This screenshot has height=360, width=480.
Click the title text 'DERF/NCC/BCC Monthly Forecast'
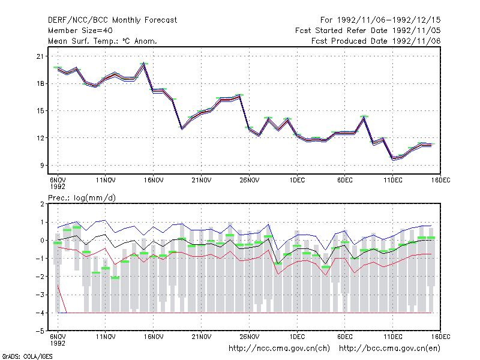pyautogui.click(x=112, y=20)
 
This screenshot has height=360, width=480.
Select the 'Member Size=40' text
pyautogui.click(x=80, y=31)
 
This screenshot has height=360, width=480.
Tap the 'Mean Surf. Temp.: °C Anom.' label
pyautogui.click(x=103, y=41)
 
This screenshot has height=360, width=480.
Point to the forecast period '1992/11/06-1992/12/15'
pyautogui.click(x=389, y=20)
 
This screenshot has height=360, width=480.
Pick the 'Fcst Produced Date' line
pyautogui.click(x=376, y=41)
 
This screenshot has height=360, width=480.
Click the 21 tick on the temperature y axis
pyautogui.click(x=40, y=56)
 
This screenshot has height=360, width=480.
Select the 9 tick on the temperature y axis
pyautogui.click(x=41, y=166)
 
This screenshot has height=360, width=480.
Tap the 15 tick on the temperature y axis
pyautogui.click(x=40, y=111)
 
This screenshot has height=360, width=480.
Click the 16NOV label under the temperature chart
pyautogui.click(x=154, y=181)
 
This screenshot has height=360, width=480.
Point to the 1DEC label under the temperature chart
pyautogui.click(x=297, y=181)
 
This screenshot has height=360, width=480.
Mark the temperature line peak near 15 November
pyautogui.click(x=144, y=64)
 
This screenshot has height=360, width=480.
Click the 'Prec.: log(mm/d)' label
pyautogui.click(x=82, y=198)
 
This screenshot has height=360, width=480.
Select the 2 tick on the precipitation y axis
pyautogui.click(x=42, y=204)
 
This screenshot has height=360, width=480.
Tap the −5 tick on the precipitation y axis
pyautogui.click(x=40, y=331)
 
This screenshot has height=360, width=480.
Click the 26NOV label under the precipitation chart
pyautogui.click(x=249, y=337)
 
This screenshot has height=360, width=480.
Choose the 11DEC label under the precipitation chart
pyautogui.click(x=393, y=337)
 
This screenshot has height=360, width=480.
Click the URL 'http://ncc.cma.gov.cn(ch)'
pyautogui.click(x=279, y=349)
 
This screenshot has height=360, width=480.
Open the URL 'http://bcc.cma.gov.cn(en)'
pyautogui.click(x=389, y=349)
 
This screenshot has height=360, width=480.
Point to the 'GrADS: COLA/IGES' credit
pyautogui.click(x=27, y=356)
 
